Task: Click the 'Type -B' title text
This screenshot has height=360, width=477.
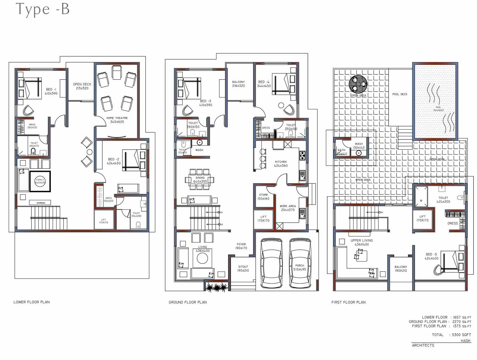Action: click(42, 9)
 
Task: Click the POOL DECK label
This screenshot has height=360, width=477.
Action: click(400, 94)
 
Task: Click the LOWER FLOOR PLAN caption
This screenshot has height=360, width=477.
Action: click(31, 302)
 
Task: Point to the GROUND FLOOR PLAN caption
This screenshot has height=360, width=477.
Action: click(188, 302)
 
